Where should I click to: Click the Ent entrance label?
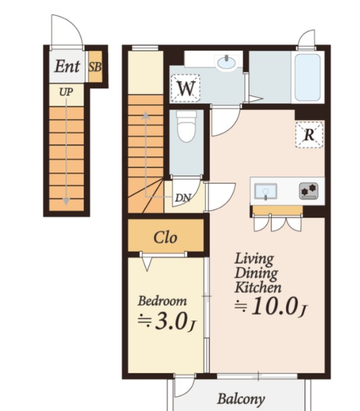coord(67,67)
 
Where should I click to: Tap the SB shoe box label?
coord(95,67)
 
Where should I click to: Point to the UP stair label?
coord(66,92)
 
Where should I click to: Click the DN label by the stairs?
coord(183,198)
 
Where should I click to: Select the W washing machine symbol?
coord(186,88)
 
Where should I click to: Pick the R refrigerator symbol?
coord(309,135)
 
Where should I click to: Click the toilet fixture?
coord(186,126)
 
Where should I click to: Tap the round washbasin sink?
coord(226,63)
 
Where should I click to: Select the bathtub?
coord(307,77)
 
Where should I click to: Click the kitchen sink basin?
coord(266,191)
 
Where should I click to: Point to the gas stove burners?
coord(309,191)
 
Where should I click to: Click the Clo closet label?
coord(166,237)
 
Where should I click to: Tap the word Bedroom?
coord(162,301)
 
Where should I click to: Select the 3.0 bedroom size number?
coord(171,321)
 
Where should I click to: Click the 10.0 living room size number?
coord(275,306)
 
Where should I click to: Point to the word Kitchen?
coord(258,287)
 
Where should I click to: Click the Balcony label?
coord(241,399)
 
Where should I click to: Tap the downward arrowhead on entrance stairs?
coord(66,201)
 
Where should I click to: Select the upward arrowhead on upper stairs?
coord(146,115)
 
